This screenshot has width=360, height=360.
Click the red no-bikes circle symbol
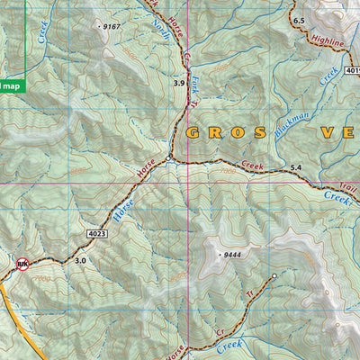pos(23,265)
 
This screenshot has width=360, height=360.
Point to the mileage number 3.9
pos(179,83)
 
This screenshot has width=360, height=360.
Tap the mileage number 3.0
pos(80,260)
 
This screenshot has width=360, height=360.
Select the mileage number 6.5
pos(299,20)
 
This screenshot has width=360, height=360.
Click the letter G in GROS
pos(193,133)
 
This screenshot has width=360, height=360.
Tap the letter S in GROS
pos(260,133)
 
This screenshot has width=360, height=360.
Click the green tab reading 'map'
pos(11,85)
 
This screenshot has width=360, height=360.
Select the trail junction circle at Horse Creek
pos(168,159)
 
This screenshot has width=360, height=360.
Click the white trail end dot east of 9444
pos(274,274)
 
